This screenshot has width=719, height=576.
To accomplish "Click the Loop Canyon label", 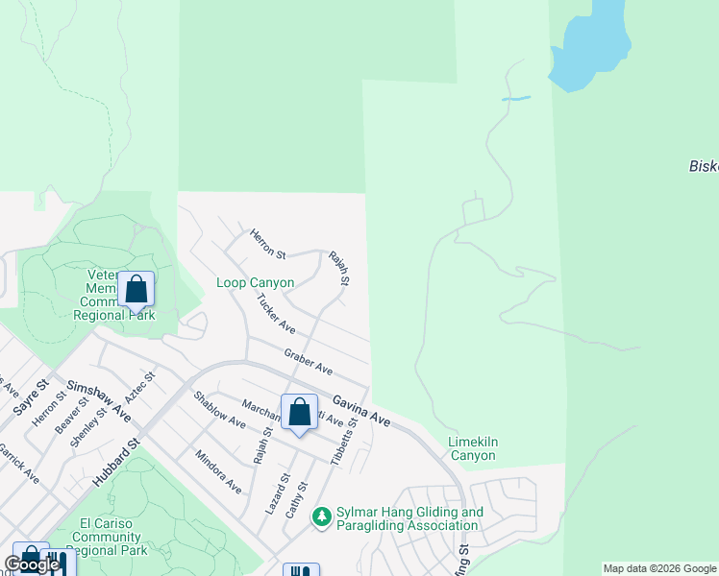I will [255, 283].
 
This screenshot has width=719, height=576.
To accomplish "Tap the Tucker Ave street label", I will [275, 315].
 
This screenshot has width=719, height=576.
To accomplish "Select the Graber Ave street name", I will [308, 362].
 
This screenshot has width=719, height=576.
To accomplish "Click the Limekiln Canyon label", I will [471, 448].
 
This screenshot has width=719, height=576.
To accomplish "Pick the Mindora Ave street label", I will [218, 471].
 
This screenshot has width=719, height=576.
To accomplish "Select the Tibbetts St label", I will [344, 442].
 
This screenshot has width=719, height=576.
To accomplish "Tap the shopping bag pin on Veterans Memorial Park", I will [136, 289].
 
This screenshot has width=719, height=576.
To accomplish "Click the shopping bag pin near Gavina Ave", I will [300, 413].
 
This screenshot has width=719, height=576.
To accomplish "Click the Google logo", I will [32, 564].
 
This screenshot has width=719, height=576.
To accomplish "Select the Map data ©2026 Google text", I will [659, 568].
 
